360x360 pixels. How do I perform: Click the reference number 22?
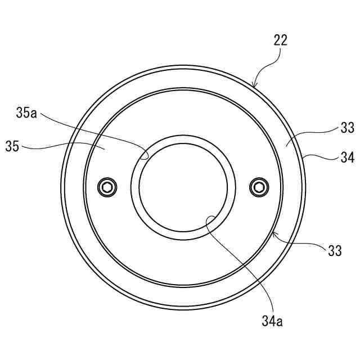point(281,40)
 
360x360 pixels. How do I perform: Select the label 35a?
point(26,112)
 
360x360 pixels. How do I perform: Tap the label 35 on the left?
point(12,146)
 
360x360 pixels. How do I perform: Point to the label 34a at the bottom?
point(272,321)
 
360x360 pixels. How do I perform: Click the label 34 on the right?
point(348,157)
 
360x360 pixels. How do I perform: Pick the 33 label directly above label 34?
point(348,128)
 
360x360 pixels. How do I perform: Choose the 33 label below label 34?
point(335,250)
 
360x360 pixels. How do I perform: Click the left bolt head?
point(107,187)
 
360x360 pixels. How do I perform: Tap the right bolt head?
point(259,187)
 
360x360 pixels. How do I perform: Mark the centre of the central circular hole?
point(183,187)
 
